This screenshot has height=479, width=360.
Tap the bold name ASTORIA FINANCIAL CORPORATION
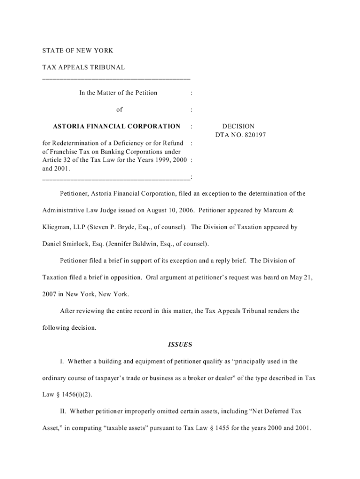(116, 126)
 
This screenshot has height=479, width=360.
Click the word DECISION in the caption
(238, 126)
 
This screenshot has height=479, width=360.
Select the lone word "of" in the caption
(120, 109)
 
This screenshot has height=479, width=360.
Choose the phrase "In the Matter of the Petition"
(118, 93)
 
